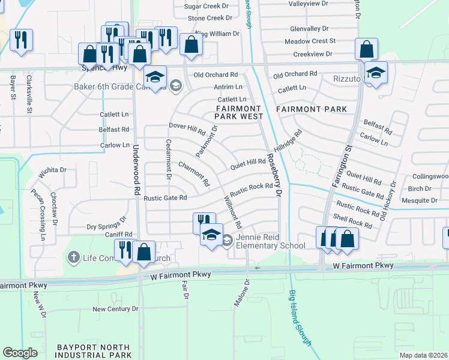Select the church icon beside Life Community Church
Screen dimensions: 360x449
73,257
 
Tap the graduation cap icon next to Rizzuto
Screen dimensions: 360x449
376,72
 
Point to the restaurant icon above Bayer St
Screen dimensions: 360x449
21,40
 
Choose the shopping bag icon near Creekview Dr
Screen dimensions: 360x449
366,49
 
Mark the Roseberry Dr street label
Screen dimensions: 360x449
274,173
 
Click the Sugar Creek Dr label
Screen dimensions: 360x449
208,6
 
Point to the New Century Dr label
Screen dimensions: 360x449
115,309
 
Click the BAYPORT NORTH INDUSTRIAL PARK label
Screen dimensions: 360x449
93,352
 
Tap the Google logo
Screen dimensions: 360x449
20,353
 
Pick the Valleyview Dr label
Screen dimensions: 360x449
309,4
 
